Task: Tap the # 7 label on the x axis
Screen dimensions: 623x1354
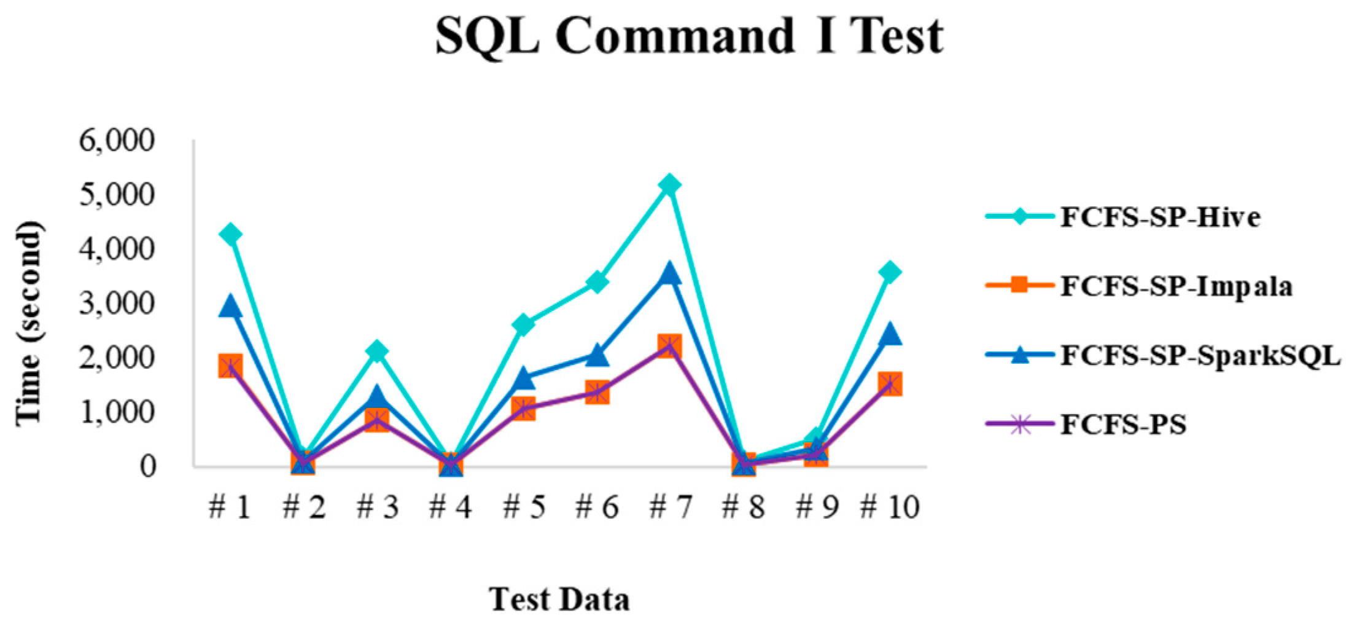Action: [x=669, y=507]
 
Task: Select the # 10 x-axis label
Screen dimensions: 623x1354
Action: [x=889, y=507]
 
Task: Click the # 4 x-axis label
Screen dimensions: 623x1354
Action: [x=450, y=507]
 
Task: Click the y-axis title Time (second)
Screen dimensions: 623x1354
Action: [x=29, y=322]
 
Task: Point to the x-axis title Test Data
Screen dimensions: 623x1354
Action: [x=559, y=599]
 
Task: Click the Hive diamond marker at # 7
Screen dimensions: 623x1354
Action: [x=669, y=184]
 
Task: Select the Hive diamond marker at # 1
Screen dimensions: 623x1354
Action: [x=230, y=234]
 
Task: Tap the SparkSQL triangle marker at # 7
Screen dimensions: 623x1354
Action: [x=669, y=273]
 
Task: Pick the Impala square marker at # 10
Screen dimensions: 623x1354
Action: [x=890, y=384]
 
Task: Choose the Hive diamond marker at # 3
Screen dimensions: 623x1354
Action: [x=376, y=351]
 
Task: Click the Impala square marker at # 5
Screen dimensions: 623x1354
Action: [x=523, y=408]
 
